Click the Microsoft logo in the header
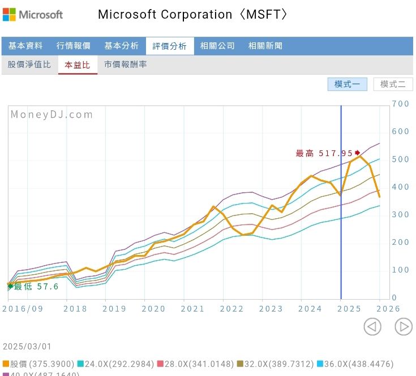(32, 14)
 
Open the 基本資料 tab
(25, 46)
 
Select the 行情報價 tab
(73, 46)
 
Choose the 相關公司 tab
(217, 46)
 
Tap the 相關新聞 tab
(265, 46)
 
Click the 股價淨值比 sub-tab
(29, 64)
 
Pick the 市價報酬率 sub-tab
(126, 64)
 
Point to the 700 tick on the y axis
(400, 104)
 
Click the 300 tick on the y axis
(400, 215)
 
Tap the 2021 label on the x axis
(192, 309)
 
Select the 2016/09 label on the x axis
(23, 309)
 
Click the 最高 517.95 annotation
(325, 153)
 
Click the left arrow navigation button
(372, 326)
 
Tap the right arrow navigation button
(403, 326)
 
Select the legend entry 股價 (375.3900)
(38, 364)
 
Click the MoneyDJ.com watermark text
(52, 115)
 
